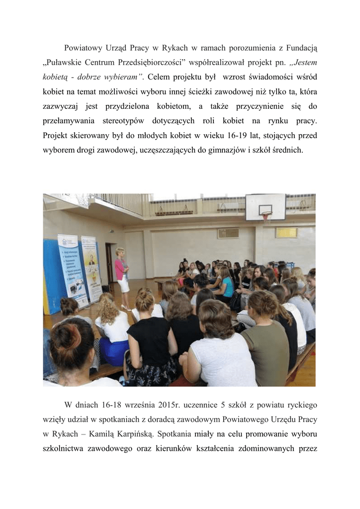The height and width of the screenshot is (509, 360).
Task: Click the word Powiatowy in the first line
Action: click(84, 48)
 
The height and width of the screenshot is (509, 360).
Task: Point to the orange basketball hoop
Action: click(267, 215)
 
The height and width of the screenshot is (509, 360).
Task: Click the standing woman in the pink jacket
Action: click(122, 276)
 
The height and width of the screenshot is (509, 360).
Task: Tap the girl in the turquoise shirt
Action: click(227, 285)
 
